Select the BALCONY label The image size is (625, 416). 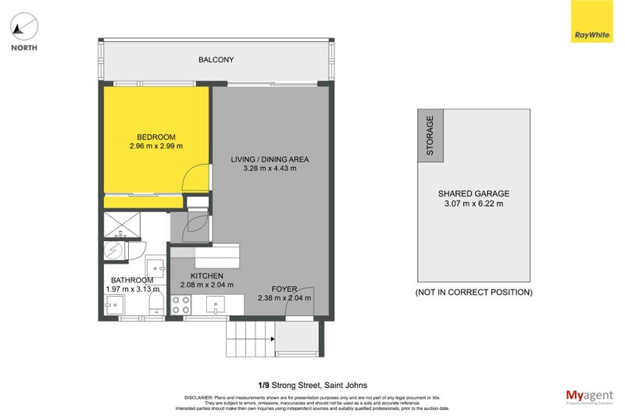[x=216, y=60]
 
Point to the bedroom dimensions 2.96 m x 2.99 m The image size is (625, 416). [x=155, y=146]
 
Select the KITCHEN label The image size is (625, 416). [x=206, y=276]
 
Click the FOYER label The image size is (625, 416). [x=284, y=289]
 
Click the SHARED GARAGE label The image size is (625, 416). [x=473, y=194]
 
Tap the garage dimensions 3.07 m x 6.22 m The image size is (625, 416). [x=473, y=204]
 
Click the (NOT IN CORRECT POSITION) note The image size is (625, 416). [x=473, y=293]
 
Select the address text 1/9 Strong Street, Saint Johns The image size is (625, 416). [x=312, y=384]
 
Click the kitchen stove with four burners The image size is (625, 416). [x=181, y=309]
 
